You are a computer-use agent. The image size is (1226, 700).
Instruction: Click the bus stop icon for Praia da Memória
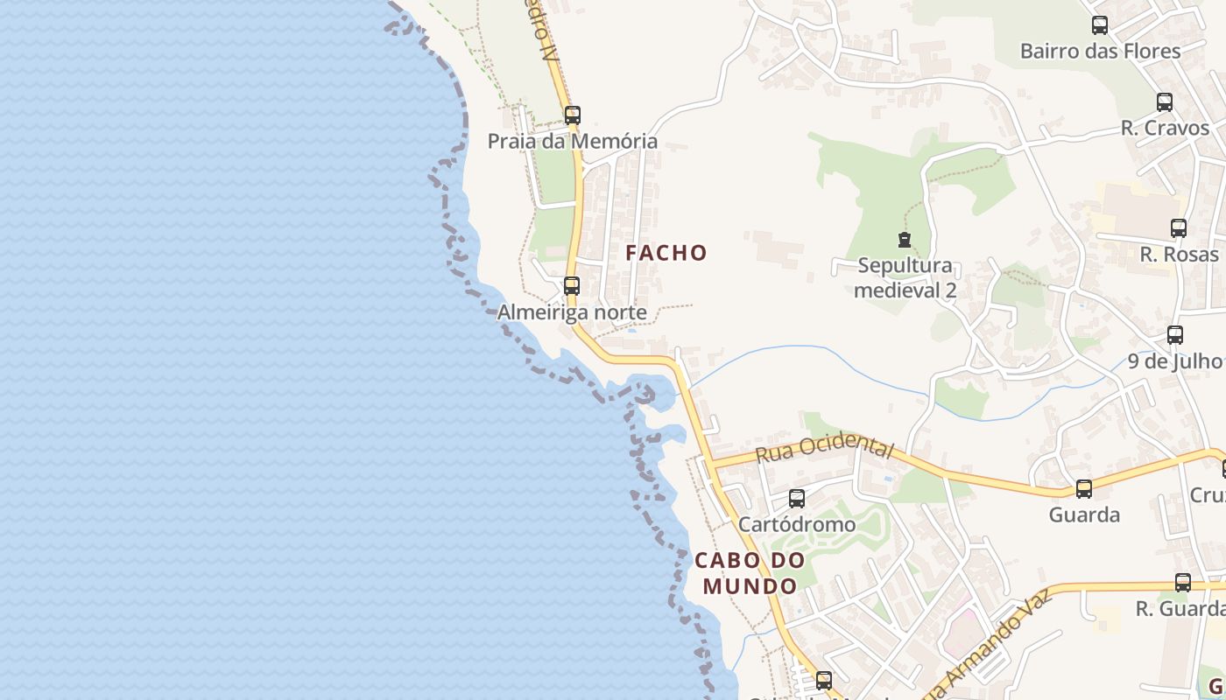tap(572, 115)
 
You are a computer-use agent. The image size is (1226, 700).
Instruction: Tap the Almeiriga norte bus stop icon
tap(571, 285)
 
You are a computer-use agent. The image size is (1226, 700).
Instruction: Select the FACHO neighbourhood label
tap(666, 253)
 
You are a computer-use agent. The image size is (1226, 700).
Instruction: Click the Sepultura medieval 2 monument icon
tap(905, 239)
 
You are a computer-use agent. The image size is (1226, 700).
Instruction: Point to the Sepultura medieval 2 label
tap(905, 277)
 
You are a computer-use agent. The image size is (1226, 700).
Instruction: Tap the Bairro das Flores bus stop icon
tap(1099, 25)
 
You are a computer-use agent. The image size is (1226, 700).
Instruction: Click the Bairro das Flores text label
tap(1100, 51)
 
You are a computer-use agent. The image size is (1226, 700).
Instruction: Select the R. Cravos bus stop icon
tap(1164, 101)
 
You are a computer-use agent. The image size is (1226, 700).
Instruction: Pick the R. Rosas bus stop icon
tap(1178, 228)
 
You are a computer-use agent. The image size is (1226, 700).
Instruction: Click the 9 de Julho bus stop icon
tap(1174, 334)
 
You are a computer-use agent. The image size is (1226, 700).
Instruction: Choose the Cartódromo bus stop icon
tap(796, 499)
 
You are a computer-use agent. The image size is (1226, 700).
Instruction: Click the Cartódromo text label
tap(796, 524)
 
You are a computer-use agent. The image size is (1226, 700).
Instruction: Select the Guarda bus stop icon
tap(1083, 489)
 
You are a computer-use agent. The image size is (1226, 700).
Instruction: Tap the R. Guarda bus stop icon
tap(1182, 583)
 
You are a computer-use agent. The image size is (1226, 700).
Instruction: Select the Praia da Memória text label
tap(572, 141)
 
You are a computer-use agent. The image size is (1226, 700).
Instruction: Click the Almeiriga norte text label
tap(572, 312)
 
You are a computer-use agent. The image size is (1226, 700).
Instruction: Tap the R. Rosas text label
tap(1179, 255)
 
